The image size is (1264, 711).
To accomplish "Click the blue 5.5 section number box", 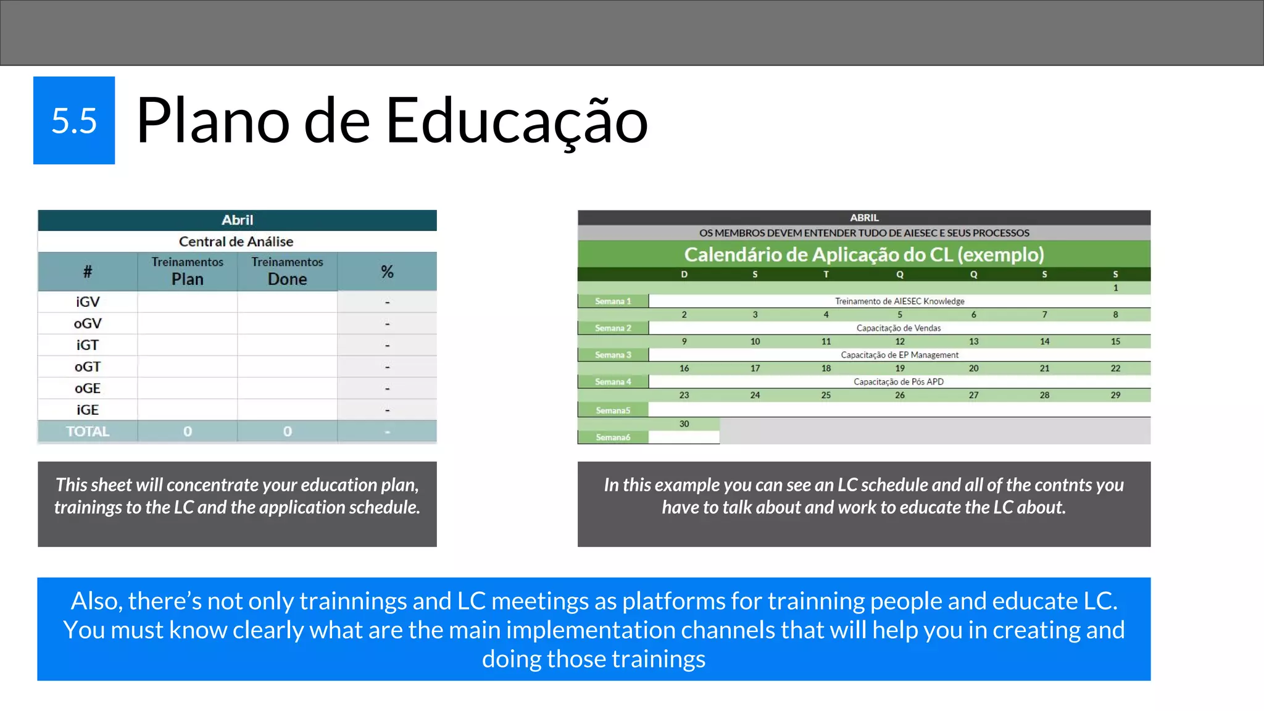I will point(74,120).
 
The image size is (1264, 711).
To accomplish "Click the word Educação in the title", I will point(517,121).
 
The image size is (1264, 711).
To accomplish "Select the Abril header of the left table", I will point(237,220).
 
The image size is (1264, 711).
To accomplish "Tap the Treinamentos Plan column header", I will point(187,272).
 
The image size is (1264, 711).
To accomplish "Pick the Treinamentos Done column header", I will point(287,272).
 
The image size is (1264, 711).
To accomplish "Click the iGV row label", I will point(88,302).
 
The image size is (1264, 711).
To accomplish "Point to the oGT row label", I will point(88,367).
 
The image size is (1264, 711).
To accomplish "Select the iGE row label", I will point(88,410).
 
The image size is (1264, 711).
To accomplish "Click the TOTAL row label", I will point(88,431).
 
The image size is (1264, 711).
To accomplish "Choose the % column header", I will point(387,272).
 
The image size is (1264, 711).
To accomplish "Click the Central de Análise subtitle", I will point(236,241).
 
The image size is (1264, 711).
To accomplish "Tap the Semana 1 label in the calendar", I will point(613,301).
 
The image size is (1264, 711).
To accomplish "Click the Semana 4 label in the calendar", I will point(613,382).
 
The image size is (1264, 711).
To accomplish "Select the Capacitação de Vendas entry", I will point(899,328).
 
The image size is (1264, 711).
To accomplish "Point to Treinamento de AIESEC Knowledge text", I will point(899,301).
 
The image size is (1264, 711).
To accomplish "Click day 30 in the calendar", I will point(684,424).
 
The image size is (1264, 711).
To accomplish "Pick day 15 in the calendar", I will point(1115,341).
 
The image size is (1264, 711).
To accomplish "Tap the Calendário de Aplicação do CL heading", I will point(864,254).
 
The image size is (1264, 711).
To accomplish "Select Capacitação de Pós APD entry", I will point(899,382).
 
